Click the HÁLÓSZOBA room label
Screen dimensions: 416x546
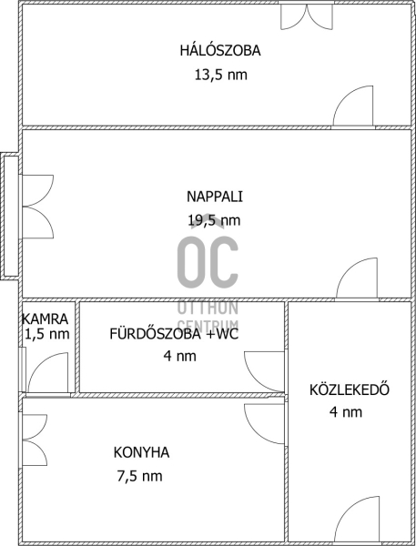tap(220, 50)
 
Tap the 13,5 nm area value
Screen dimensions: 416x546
tap(221, 75)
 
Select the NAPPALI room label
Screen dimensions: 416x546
tap(215, 197)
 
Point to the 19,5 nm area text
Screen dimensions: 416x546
tap(214, 220)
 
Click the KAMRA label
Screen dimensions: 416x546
tap(45, 318)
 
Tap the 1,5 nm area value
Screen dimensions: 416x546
tap(47, 334)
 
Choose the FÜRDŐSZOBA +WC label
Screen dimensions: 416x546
tap(174, 334)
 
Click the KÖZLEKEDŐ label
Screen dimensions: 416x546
tap(350, 389)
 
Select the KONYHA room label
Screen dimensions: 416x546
tap(141, 452)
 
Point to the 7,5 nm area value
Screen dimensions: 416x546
tap(139, 476)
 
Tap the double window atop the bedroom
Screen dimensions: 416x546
tap(307, 16)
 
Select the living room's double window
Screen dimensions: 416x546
tap(38, 207)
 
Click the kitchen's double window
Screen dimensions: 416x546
tap(35, 439)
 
